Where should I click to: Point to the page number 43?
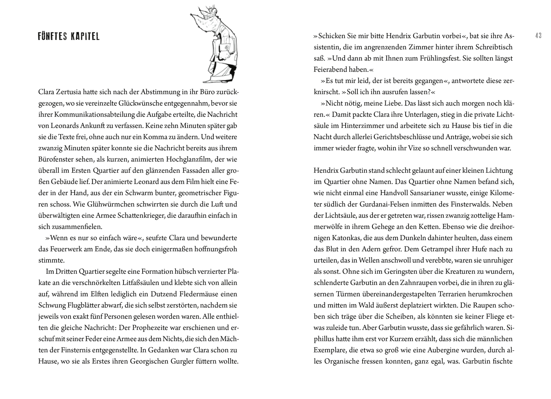538,36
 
